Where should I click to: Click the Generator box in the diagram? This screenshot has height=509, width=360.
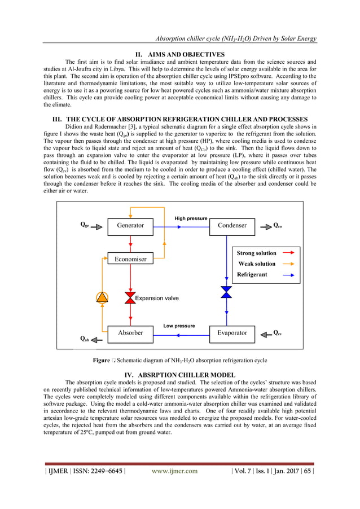130,226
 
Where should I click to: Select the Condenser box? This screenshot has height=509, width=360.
232,226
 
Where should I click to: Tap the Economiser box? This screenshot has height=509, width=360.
130,259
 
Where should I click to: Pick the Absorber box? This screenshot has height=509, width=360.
130,333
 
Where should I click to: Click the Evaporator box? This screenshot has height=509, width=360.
232,333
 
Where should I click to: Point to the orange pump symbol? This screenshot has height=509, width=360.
102,297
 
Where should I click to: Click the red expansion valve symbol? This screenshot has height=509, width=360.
130,297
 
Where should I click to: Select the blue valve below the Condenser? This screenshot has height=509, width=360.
226,292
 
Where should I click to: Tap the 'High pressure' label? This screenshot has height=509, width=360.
191,218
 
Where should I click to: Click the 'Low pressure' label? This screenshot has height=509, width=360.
179,326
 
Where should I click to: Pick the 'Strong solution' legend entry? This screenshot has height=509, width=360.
257,253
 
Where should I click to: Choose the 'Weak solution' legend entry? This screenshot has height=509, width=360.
257,264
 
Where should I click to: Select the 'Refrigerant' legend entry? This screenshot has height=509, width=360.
252,274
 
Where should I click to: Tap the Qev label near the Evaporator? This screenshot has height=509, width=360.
278,332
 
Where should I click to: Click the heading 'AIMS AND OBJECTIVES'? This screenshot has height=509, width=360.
179,54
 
